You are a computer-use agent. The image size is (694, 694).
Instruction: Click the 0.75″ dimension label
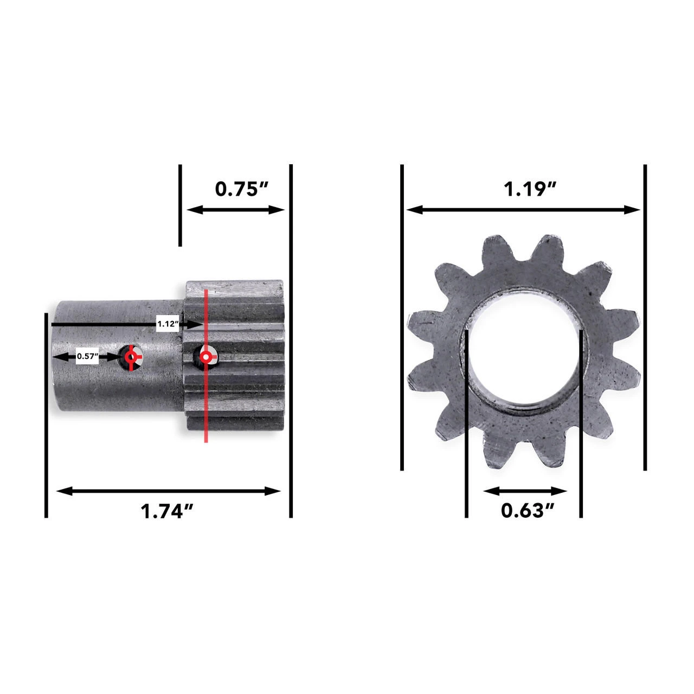[242, 189]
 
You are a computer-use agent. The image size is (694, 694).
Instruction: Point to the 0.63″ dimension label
[522, 510]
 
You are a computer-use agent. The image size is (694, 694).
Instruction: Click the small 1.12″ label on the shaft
[168, 324]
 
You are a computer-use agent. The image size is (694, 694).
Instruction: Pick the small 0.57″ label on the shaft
[87, 356]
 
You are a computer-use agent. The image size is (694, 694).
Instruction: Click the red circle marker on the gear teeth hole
[205, 357]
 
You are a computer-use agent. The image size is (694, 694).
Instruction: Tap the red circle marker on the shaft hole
[131, 357]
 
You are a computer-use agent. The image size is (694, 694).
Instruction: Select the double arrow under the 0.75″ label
[235, 210]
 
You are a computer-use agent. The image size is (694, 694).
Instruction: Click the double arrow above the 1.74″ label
[168, 491]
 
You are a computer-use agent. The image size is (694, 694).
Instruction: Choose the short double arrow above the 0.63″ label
[524, 491]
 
